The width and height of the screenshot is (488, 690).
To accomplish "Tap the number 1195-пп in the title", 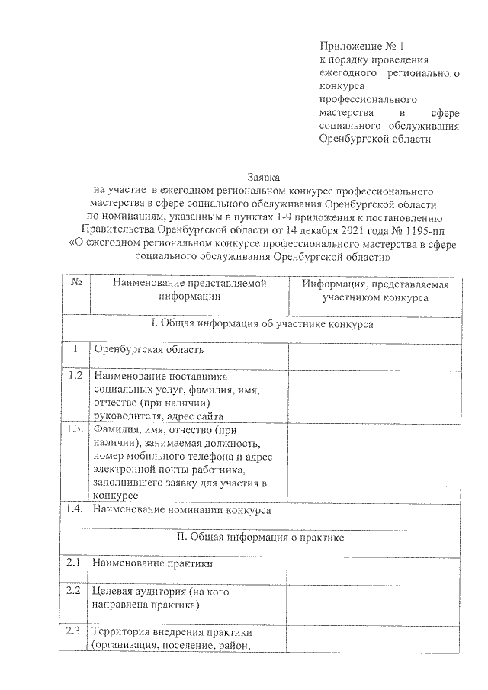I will (x=409, y=227).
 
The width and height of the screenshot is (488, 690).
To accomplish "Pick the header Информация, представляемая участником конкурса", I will (x=374, y=290).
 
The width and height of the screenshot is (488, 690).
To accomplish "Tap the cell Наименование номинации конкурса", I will (x=181, y=509).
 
